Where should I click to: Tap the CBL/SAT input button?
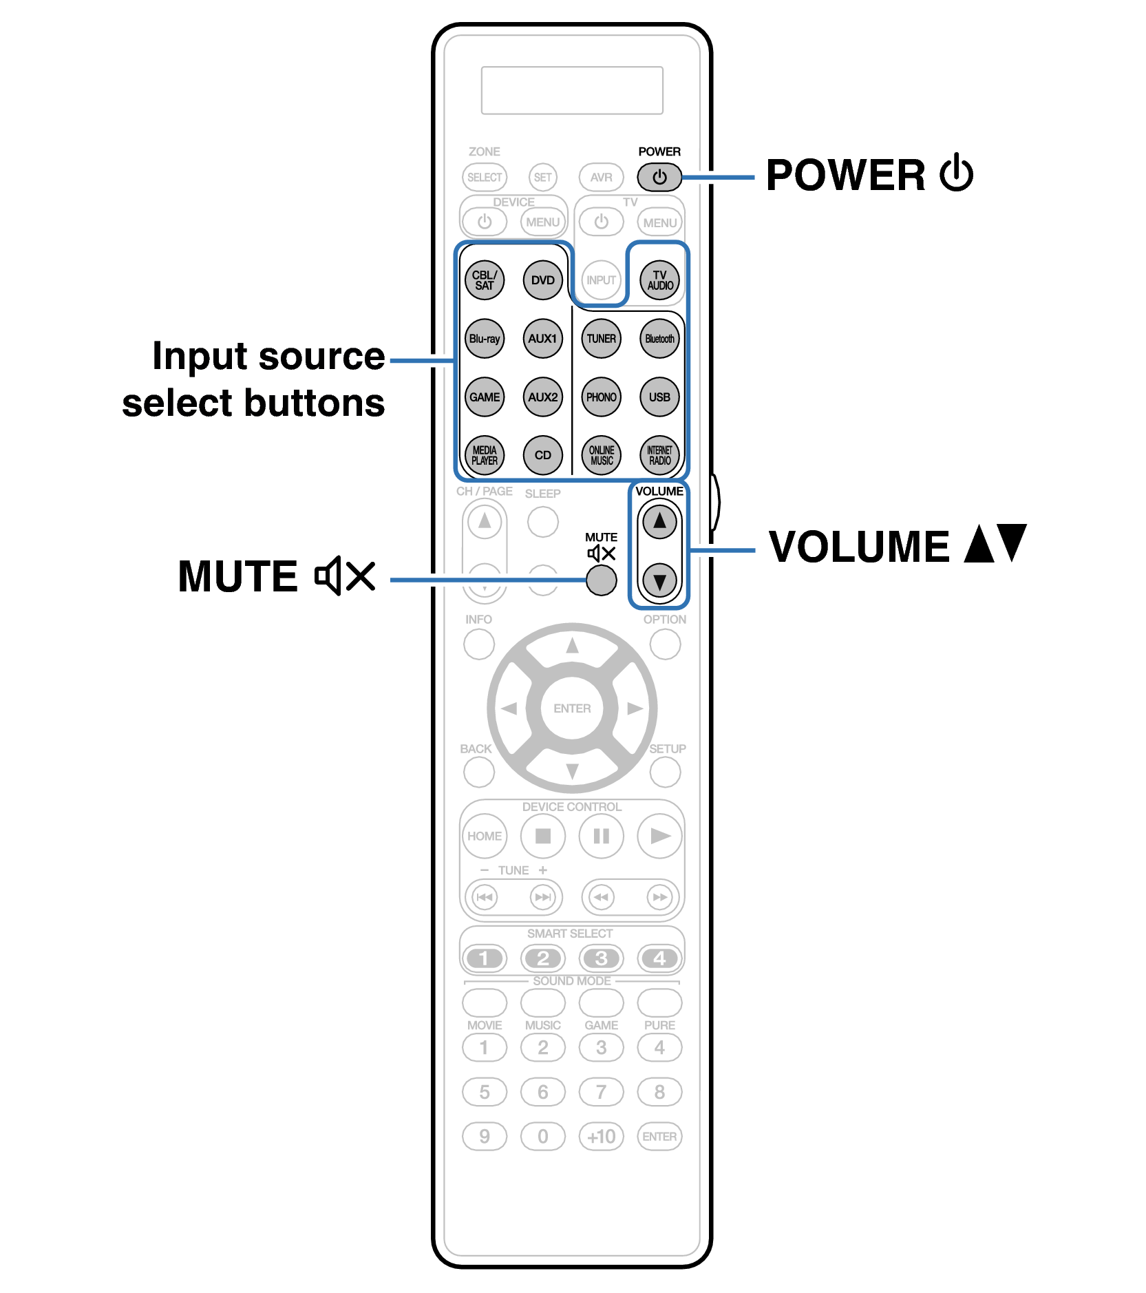click(x=484, y=280)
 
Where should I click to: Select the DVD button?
click(x=542, y=280)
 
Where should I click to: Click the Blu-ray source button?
click(x=484, y=339)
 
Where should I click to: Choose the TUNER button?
click(x=601, y=339)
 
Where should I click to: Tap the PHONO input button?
click(x=601, y=397)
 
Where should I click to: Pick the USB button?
click(x=659, y=397)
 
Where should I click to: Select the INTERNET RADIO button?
click(x=659, y=455)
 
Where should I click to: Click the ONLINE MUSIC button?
click(x=601, y=455)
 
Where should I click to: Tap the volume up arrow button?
click(x=659, y=521)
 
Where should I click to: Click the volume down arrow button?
click(x=659, y=580)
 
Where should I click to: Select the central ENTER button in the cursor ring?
click(x=572, y=708)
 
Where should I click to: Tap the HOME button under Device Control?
click(x=484, y=836)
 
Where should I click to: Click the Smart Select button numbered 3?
click(x=601, y=958)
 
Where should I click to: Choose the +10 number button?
click(x=601, y=1136)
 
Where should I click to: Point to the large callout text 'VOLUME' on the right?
click(x=859, y=547)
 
